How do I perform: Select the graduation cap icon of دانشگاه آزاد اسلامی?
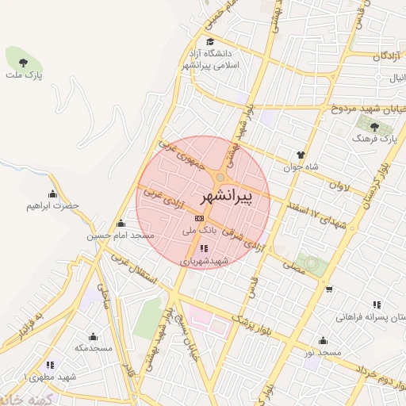(210, 42)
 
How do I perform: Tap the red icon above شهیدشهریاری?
(204, 248)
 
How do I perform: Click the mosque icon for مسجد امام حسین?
(120, 224)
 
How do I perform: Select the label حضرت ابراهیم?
(53, 205)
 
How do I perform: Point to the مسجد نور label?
(324, 351)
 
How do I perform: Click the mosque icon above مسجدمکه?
(94, 336)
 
